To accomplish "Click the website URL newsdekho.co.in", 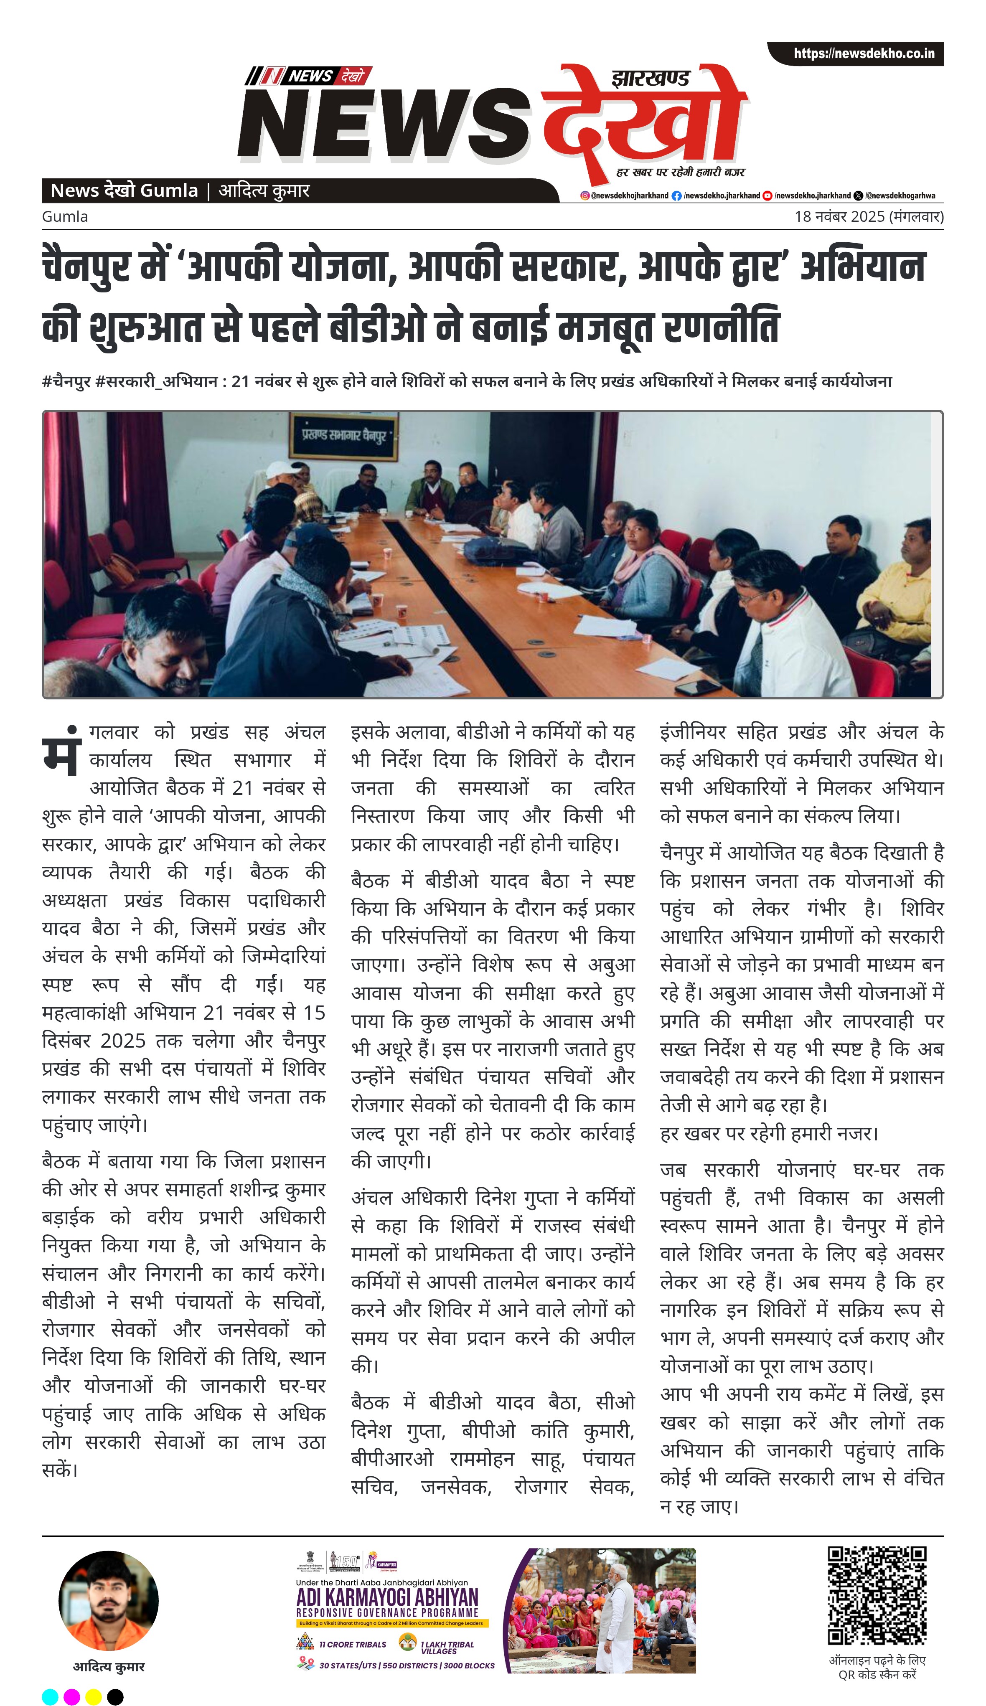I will coord(864,53).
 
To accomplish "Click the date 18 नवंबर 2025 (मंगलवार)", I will coord(869,217).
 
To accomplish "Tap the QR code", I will coord(877,1595).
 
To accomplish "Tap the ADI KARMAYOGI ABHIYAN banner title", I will coord(387,1597).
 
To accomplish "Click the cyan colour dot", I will coord(50,1696).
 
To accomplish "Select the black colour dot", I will coord(115,1696).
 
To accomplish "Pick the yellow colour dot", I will coord(94,1696).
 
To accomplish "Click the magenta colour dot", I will coord(72,1696).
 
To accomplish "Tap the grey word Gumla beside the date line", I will coord(65,217).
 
